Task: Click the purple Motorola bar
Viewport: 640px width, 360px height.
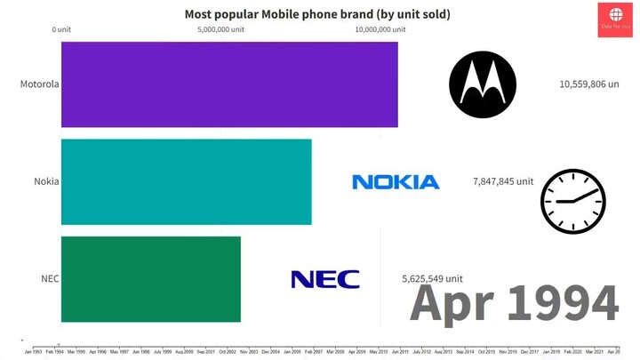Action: pos(229,84)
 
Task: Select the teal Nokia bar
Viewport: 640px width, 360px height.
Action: pos(186,181)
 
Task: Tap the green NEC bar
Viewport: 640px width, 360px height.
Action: pos(150,278)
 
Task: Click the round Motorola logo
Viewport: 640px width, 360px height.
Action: pos(482,84)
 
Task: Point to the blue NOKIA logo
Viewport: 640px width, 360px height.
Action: pos(396,182)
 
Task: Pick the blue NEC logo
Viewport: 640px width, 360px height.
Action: pos(325,279)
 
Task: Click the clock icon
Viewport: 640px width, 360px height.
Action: pos(572,201)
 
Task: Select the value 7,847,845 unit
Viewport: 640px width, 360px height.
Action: pos(503,181)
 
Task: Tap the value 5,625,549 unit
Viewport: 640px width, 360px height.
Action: pos(433,278)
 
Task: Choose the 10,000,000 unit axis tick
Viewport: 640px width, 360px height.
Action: pos(380,29)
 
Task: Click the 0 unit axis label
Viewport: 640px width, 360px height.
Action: pos(61,29)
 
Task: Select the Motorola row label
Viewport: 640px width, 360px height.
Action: pos(39,84)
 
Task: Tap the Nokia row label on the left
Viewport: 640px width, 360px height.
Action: pos(46,181)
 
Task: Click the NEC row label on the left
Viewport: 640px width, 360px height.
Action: pos(50,278)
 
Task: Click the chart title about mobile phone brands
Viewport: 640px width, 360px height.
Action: pos(316,13)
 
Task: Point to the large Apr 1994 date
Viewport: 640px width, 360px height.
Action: pos(514,304)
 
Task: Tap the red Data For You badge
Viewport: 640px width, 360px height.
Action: pos(615,19)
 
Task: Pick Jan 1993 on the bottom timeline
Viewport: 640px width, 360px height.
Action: pos(33,352)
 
